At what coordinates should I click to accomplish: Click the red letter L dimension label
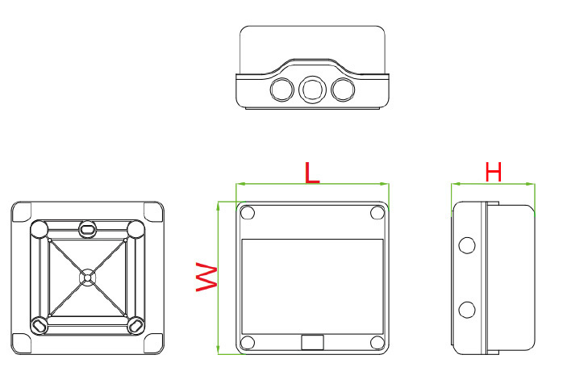pyautogui.click(x=311, y=172)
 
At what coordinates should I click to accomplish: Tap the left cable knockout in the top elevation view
pyautogui.click(x=281, y=89)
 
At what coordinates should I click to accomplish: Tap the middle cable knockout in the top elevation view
pyautogui.click(x=311, y=90)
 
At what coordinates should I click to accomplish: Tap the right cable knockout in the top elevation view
pyautogui.click(x=342, y=89)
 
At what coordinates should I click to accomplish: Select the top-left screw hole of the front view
pyautogui.click(x=248, y=213)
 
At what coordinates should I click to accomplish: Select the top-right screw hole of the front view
pyautogui.click(x=377, y=213)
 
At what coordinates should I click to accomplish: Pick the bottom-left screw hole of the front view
pyautogui.click(x=248, y=341)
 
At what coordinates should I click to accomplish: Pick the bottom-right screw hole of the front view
pyautogui.click(x=377, y=341)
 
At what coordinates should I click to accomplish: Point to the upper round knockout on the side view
pyautogui.click(x=465, y=244)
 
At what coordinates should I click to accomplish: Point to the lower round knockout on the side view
pyautogui.click(x=465, y=308)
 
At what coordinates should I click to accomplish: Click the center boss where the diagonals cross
pyautogui.click(x=87, y=277)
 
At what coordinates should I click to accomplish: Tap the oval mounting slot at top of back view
pyautogui.click(x=87, y=229)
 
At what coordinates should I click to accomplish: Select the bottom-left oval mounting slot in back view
pyautogui.click(x=38, y=324)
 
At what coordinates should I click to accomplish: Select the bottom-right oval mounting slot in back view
pyautogui.click(x=136, y=324)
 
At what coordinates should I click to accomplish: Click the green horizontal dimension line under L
pyautogui.click(x=312, y=185)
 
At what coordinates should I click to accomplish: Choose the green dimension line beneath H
pyautogui.click(x=493, y=184)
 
